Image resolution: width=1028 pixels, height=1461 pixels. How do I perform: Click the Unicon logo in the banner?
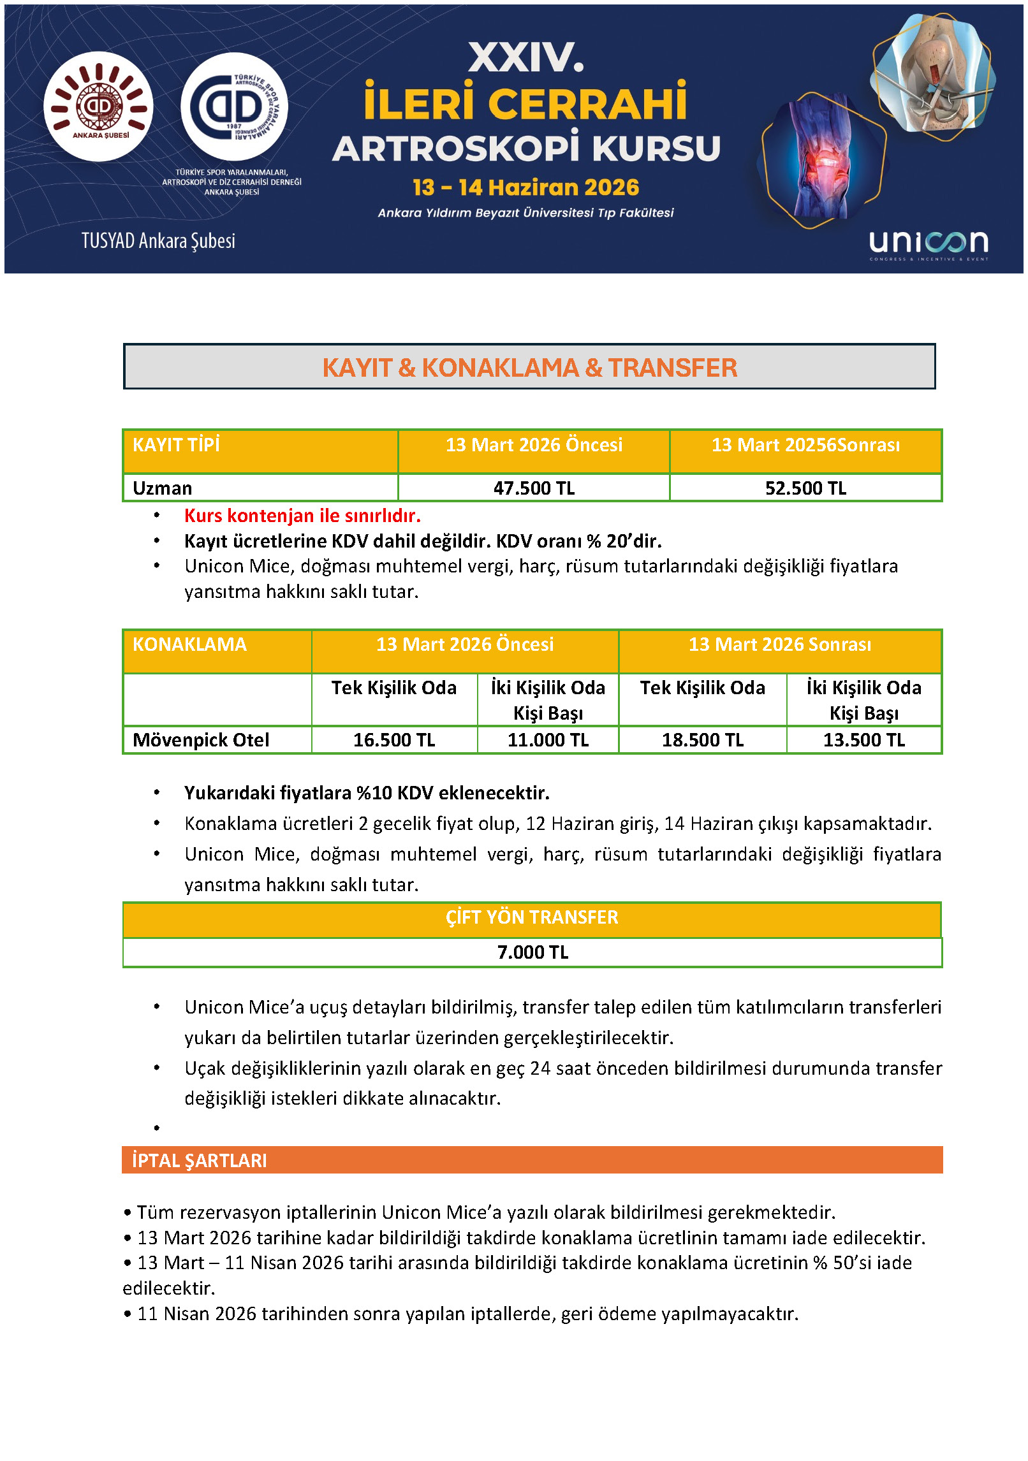tap(929, 243)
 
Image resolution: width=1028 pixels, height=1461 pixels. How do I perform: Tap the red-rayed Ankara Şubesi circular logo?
tap(99, 106)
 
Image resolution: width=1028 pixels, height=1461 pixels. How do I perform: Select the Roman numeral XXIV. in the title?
tap(526, 58)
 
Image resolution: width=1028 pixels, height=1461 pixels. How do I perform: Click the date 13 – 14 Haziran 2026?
tap(525, 187)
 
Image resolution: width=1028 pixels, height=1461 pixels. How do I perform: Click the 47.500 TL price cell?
tap(534, 488)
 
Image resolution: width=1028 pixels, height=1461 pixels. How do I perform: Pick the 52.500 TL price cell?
tap(805, 488)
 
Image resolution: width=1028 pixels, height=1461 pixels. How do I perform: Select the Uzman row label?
tap(163, 488)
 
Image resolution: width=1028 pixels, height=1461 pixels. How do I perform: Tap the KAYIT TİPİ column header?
tap(176, 445)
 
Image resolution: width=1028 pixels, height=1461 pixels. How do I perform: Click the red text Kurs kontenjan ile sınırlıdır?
tap(302, 516)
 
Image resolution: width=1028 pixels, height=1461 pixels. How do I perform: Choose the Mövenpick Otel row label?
tap(201, 740)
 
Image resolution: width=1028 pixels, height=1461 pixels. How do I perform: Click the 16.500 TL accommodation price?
tap(394, 740)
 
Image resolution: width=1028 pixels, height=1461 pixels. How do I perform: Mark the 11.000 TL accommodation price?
tap(548, 740)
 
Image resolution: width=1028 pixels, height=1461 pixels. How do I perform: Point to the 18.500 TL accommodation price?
tap(702, 740)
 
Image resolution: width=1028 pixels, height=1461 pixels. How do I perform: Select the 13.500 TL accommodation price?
tap(863, 740)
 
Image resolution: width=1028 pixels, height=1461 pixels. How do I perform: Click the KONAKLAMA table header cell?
tap(189, 644)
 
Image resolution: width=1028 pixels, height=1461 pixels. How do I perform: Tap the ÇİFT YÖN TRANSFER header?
tap(532, 917)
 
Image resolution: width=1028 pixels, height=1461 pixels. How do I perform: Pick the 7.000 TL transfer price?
tap(532, 952)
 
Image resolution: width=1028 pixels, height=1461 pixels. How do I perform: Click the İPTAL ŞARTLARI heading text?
tap(200, 1161)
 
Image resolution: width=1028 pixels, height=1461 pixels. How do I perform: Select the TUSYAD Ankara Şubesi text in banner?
tap(158, 241)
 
